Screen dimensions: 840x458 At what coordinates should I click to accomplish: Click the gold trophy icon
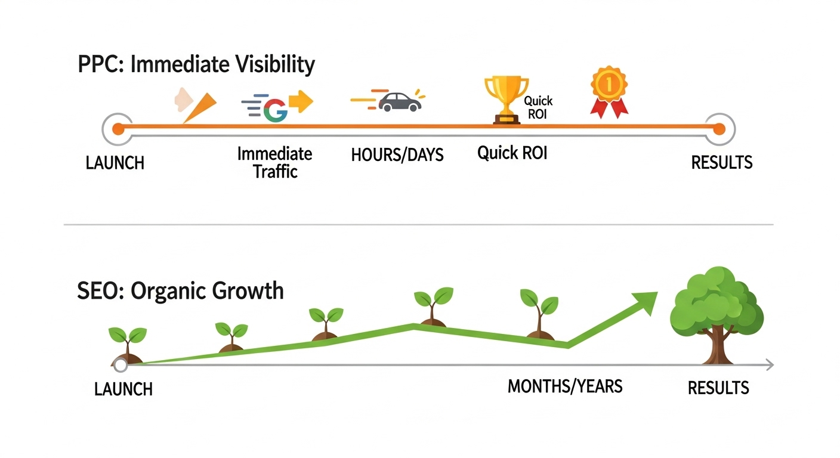click(x=507, y=100)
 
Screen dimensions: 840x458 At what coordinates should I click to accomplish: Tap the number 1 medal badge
click(x=609, y=92)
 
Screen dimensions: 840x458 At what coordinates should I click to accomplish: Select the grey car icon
click(x=400, y=102)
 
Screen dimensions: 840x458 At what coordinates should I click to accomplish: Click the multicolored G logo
click(x=276, y=110)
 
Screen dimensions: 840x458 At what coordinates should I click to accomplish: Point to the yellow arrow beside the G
click(x=301, y=101)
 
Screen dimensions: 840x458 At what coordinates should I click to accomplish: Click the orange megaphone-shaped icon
click(x=199, y=107)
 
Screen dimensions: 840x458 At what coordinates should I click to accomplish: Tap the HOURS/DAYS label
click(x=397, y=155)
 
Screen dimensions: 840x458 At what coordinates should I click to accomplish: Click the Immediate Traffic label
click(x=275, y=163)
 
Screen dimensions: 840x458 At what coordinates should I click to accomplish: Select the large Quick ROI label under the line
click(x=512, y=153)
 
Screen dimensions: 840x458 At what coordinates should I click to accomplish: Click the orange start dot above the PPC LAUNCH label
click(x=118, y=129)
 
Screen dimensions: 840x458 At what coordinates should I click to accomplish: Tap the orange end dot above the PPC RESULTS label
click(x=719, y=129)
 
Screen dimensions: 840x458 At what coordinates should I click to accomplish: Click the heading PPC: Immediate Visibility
click(x=196, y=64)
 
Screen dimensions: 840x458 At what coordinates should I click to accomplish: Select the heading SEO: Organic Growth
click(x=180, y=291)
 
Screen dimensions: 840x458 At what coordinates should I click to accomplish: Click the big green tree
click(x=717, y=315)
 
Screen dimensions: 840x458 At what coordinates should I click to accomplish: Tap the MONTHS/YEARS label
click(x=565, y=386)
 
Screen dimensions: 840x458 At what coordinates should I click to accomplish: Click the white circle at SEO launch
click(x=121, y=365)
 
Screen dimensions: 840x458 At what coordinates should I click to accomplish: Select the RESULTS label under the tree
click(x=718, y=388)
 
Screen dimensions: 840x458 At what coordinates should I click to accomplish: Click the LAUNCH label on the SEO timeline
click(x=123, y=389)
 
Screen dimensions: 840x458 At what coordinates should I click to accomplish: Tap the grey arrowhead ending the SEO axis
click(x=770, y=365)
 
